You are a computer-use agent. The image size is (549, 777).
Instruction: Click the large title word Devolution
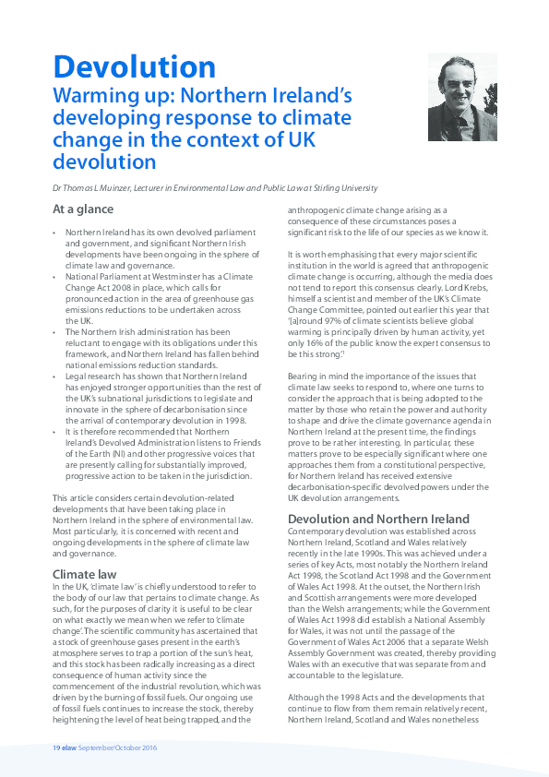pos(134,66)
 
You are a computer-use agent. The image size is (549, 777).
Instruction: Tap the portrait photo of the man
pos(461,95)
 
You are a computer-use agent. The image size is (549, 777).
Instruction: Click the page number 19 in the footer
pos(56,747)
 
